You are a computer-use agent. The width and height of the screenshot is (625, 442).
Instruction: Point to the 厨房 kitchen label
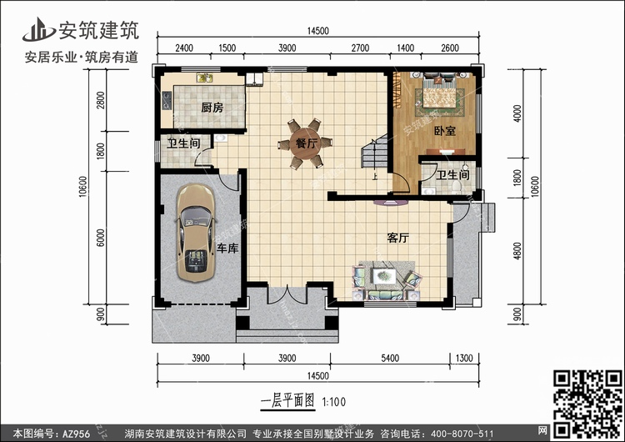click(212, 108)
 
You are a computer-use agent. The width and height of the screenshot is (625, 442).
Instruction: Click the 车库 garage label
click(227, 249)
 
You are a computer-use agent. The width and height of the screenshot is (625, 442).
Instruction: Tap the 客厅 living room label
click(398, 239)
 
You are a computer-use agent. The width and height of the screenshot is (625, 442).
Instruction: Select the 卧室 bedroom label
click(444, 131)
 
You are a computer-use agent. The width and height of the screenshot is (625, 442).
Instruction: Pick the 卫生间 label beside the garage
click(182, 144)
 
